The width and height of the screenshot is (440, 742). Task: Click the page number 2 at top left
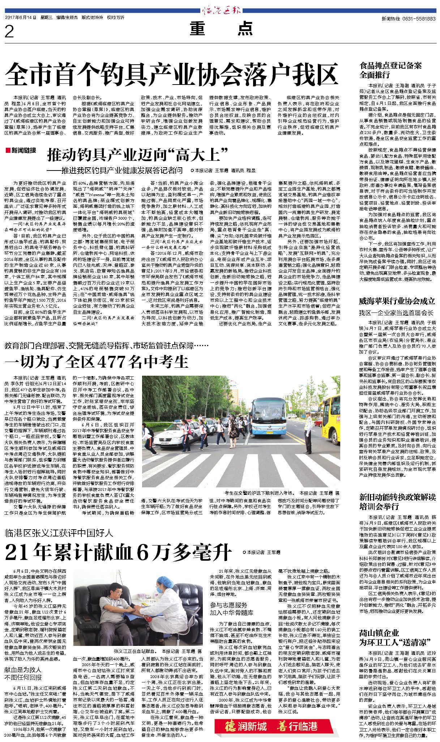click(x=9, y=32)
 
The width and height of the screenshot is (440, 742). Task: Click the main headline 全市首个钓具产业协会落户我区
click(x=171, y=74)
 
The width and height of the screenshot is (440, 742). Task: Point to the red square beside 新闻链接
click(x=8, y=150)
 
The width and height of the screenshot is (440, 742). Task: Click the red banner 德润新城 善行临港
click(x=273, y=725)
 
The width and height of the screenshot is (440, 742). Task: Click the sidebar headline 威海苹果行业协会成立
click(x=397, y=301)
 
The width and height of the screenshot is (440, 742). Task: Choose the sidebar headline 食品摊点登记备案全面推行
click(x=390, y=70)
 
